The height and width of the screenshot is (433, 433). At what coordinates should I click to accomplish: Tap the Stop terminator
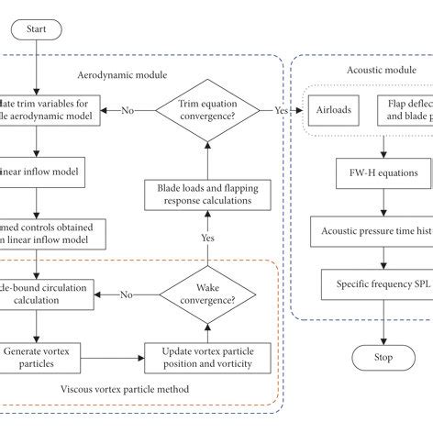tap(371, 356)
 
